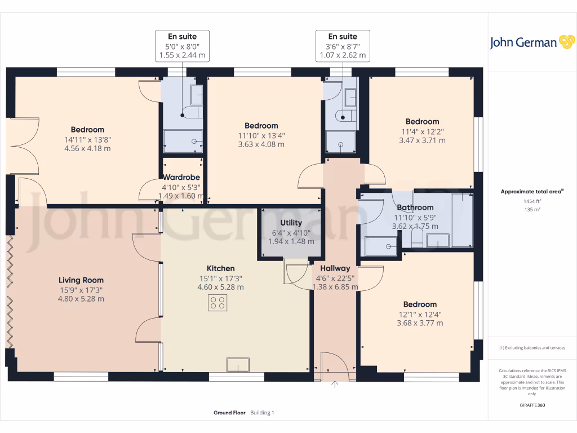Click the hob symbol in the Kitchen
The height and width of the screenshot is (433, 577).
[x=218, y=303]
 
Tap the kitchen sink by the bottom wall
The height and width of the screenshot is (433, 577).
[x=237, y=365]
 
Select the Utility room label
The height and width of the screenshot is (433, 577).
[x=291, y=223]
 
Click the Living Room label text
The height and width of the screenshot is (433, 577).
[x=81, y=280]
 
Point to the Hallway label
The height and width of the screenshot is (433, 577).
[x=335, y=268]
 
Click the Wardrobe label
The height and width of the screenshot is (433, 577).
[x=181, y=177]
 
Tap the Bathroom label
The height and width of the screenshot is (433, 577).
[x=415, y=207]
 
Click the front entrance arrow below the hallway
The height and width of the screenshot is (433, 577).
[x=335, y=385]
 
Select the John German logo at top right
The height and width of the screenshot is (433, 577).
[x=531, y=42]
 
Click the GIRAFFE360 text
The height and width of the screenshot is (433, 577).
[x=532, y=405]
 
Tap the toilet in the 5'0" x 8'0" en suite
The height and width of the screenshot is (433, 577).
[x=192, y=114]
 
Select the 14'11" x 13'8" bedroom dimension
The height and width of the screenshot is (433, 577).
[x=87, y=139]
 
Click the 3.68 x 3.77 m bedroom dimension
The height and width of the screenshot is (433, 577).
[x=419, y=323]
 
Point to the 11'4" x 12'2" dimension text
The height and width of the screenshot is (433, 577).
[x=422, y=131]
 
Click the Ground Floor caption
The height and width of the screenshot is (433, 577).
[x=229, y=413]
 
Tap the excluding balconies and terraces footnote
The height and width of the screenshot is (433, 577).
[x=532, y=348]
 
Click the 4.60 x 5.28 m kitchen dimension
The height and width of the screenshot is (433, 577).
[x=220, y=287]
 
